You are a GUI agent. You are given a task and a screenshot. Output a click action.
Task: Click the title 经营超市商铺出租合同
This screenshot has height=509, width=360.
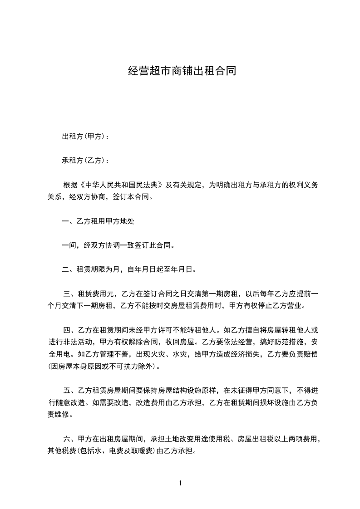pyautogui.click(x=182, y=71)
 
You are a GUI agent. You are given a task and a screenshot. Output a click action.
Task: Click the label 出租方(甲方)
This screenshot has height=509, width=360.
pyautogui.click(x=84, y=137)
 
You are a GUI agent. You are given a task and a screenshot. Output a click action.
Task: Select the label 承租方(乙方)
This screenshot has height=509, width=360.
pyautogui.click(x=84, y=161)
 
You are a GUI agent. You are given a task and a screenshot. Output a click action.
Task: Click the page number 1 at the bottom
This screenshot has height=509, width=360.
pyautogui.click(x=180, y=483)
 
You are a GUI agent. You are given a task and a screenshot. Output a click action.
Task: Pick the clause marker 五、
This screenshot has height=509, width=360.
pyautogui.click(x=71, y=390)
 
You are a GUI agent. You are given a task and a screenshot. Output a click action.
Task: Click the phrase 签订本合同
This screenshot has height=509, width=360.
pyautogui.click(x=137, y=197)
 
